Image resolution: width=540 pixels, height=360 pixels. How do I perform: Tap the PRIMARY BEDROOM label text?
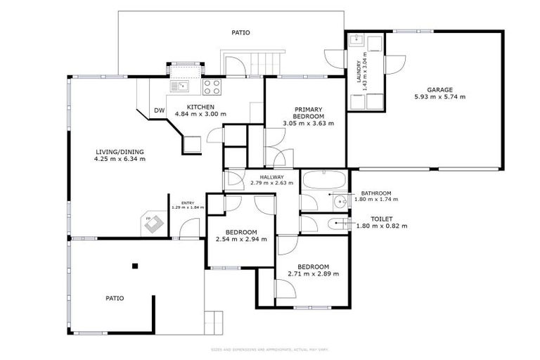tap(308, 113)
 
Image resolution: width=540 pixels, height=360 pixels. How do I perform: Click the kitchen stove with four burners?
tap(212, 87)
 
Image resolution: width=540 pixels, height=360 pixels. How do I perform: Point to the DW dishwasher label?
tap(159, 110)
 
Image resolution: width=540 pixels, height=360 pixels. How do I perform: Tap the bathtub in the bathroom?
tap(323, 180)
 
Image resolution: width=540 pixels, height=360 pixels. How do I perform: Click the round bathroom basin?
tap(341, 202)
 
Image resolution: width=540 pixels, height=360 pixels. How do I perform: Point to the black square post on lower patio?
tap(135, 266)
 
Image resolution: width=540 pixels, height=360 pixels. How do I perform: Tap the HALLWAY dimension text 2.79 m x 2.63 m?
tap(272, 184)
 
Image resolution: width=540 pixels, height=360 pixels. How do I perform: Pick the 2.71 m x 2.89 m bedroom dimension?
tap(313, 274)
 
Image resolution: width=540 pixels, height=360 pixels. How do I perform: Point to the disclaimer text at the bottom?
tap(270, 349)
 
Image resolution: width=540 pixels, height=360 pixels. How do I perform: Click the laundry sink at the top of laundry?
tap(355, 39)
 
